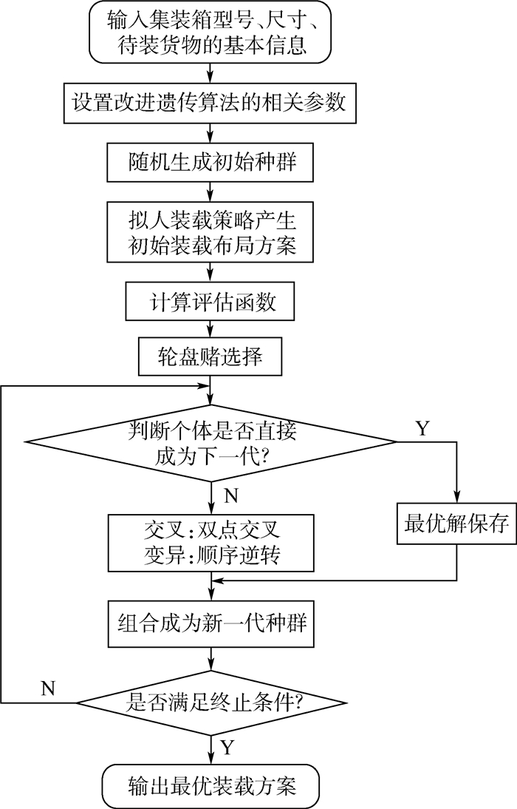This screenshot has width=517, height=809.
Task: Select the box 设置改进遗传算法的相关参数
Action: tap(213, 102)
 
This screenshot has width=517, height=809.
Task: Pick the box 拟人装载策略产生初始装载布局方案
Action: tap(213, 231)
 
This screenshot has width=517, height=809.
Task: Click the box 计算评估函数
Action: tap(213, 303)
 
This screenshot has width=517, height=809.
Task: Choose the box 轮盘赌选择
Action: tap(213, 358)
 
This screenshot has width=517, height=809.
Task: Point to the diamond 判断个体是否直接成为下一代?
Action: tap(213, 441)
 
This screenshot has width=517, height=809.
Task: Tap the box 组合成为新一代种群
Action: tap(213, 623)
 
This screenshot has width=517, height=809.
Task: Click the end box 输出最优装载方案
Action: tap(213, 785)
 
